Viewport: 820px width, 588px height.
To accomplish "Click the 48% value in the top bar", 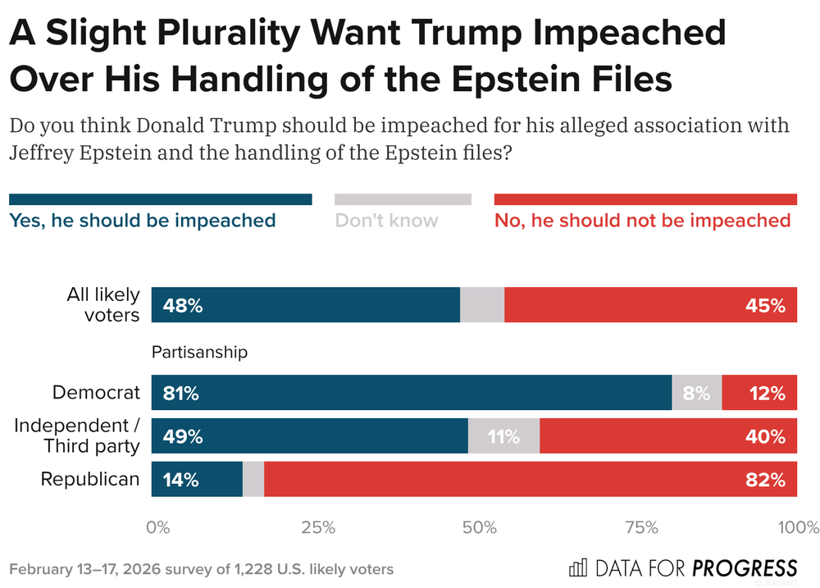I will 182,306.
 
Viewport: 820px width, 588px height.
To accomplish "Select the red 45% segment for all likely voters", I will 650,305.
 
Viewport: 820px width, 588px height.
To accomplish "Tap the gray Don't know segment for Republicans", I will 253,479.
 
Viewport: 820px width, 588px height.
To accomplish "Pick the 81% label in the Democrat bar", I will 181,393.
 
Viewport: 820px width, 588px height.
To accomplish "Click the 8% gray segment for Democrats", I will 696,393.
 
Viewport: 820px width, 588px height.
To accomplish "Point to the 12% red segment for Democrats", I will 759,393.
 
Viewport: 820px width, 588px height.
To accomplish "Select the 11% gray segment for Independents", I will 503,436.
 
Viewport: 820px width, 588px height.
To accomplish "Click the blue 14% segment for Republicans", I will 197,479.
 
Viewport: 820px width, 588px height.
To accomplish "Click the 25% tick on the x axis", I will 318,526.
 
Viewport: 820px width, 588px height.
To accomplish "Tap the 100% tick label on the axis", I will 797,526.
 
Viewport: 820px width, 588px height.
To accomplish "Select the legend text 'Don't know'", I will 386,221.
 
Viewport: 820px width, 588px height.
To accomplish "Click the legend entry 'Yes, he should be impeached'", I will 142,221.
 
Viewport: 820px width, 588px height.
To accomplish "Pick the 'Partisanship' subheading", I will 199,353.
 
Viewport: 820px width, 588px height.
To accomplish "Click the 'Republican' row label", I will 90,479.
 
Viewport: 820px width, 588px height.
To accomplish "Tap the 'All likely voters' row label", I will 102,304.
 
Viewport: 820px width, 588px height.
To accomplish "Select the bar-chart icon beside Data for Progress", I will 577,567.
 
